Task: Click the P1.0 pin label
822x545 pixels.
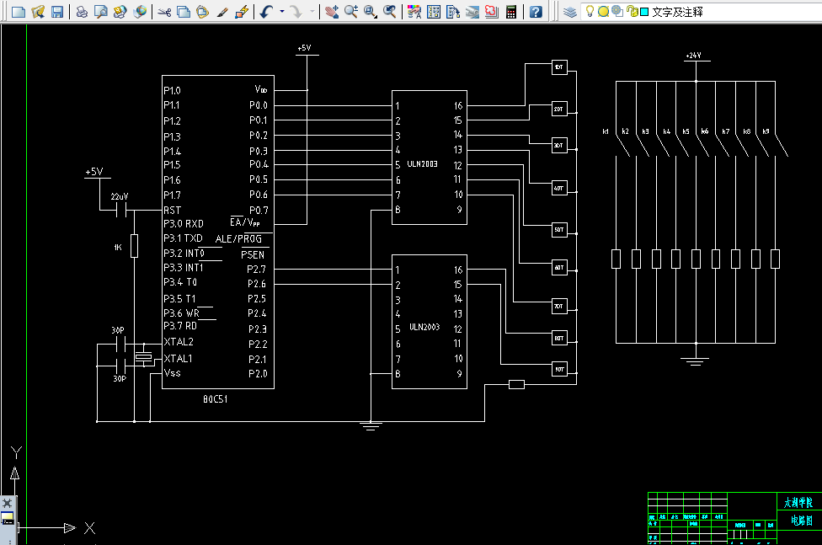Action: (172, 90)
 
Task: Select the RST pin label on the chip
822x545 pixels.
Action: (172, 210)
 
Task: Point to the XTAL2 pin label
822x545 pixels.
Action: (179, 342)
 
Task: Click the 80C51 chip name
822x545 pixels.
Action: (215, 398)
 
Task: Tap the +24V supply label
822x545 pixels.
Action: (693, 56)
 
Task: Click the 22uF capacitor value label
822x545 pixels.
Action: (120, 196)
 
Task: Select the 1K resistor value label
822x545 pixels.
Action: (118, 248)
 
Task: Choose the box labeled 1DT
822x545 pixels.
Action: (558, 67)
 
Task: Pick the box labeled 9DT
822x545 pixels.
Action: (558, 369)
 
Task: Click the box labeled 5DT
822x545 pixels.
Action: (558, 228)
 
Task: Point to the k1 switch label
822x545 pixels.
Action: (606, 131)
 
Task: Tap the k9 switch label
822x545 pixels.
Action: (766, 131)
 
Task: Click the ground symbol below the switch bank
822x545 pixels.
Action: (695, 361)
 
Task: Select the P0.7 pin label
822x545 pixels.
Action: (258, 210)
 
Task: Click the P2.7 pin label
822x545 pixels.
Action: (256, 270)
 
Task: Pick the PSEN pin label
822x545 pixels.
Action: (252, 254)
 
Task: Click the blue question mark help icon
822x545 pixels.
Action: (536, 12)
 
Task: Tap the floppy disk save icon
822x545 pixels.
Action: (57, 12)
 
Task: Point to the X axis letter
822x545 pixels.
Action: (89, 528)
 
